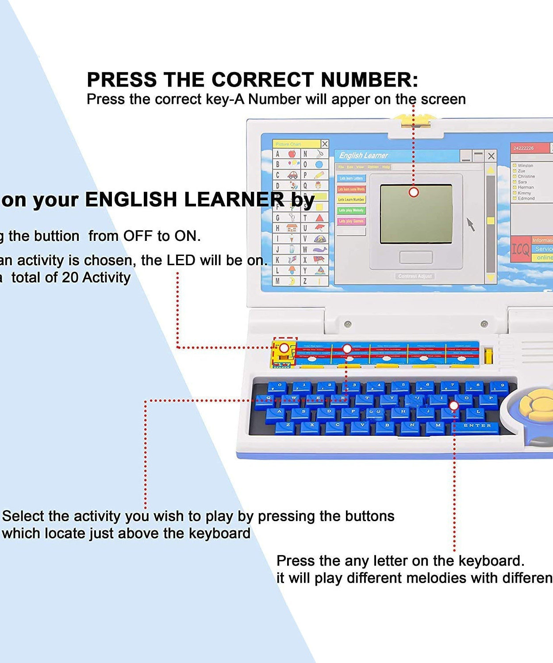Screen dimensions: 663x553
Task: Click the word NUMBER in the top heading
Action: (x=369, y=80)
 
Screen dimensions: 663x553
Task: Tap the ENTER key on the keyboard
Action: (x=477, y=426)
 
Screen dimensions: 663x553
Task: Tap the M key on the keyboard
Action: (x=438, y=426)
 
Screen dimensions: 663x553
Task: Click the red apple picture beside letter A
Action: (x=292, y=154)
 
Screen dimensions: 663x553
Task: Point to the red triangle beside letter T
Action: (x=319, y=217)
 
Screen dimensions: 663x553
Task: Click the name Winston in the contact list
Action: (x=525, y=166)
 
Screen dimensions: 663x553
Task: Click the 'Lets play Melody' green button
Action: (x=351, y=210)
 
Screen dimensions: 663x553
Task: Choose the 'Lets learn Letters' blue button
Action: (x=351, y=178)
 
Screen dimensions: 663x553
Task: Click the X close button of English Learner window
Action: (x=491, y=156)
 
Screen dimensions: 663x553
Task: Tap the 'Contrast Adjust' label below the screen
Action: (x=415, y=276)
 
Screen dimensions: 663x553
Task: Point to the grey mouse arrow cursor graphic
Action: (x=471, y=224)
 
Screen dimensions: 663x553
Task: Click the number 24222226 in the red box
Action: (x=523, y=148)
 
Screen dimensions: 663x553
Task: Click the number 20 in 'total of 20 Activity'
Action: (x=70, y=278)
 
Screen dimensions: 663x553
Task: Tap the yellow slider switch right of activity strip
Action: (x=488, y=355)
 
